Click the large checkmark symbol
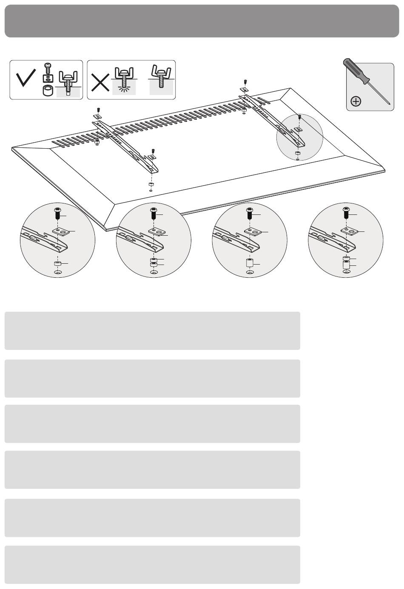tap(26, 80)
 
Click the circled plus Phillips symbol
tap(356, 101)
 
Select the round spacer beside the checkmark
tap(48, 91)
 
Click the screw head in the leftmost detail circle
tap(58, 212)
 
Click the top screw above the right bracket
tap(245, 82)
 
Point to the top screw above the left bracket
tap(98, 109)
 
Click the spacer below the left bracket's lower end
tap(151, 185)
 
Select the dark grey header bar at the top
tap(202, 21)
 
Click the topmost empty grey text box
tap(152, 331)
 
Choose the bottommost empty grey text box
tap(152, 564)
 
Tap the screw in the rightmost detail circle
tap(346, 212)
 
